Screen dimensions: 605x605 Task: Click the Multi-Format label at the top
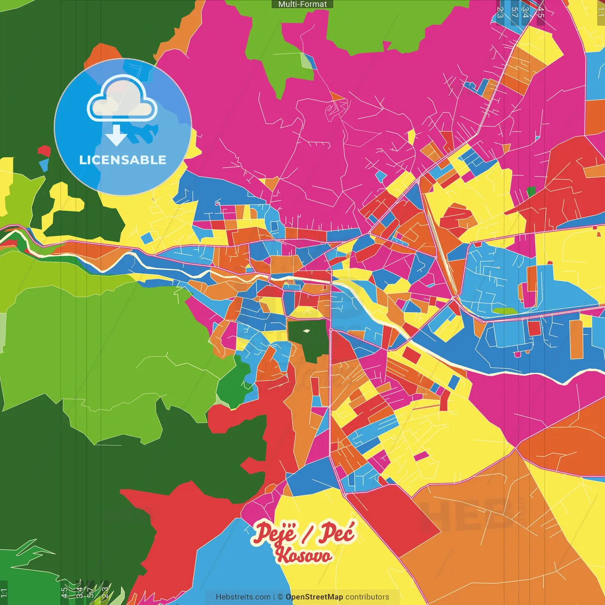click(x=302, y=4)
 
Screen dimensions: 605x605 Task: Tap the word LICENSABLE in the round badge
click(x=123, y=160)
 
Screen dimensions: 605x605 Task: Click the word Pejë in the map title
click(x=275, y=533)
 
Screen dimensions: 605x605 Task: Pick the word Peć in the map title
click(x=336, y=533)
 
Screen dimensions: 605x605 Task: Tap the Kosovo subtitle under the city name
click(x=304, y=555)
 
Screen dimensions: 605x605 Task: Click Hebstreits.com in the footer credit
click(x=243, y=597)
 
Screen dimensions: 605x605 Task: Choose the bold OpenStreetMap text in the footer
click(x=314, y=597)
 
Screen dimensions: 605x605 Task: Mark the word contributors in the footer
click(x=367, y=597)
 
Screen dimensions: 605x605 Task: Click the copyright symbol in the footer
click(x=280, y=597)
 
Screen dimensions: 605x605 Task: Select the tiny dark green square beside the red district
click(x=531, y=191)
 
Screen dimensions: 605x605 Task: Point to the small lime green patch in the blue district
click(x=505, y=311)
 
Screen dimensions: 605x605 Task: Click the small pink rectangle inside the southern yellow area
click(x=421, y=456)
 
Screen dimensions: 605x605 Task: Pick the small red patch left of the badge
click(x=44, y=151)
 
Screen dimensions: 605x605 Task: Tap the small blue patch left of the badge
click(x=44, y=164)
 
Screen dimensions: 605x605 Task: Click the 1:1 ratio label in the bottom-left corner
click(x=4, y=593)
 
